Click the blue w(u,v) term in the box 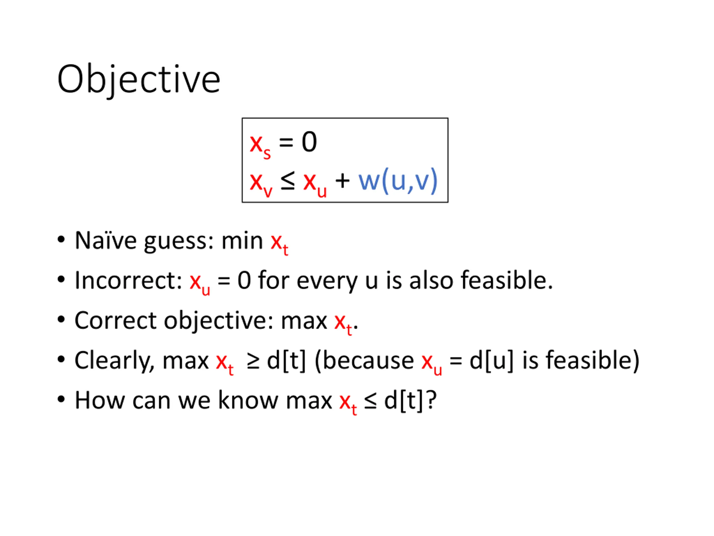click(398, 181)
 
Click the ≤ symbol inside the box click(288, 180)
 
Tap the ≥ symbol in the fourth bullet click(253, 361)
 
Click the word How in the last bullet click(100, 401)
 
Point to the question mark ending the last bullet click(431, 400)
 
